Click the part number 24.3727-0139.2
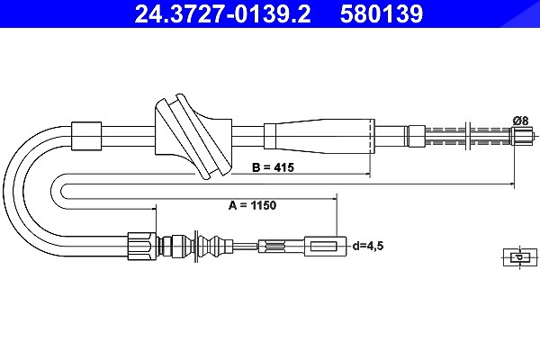click(222, 13)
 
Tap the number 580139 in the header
click(382, 13)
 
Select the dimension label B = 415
click(273, 167)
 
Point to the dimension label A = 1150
click(252, 205)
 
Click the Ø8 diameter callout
click(520, 121)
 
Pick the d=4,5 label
click(368, 246)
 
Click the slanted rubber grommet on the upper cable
click(193, 137)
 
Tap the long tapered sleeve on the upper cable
click(319, 137)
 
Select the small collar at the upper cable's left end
click(86, 136)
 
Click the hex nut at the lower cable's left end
click(142, 246)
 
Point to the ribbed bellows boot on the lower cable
click(195, 247)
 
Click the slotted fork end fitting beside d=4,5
click(325, 247)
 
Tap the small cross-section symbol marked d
click(520, 257)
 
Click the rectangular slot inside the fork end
click(323, 247)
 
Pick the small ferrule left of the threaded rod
click(416, 136)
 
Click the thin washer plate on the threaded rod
click(468, 136)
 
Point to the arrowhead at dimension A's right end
click(511, 184)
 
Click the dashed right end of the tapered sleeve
click(372, 137)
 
